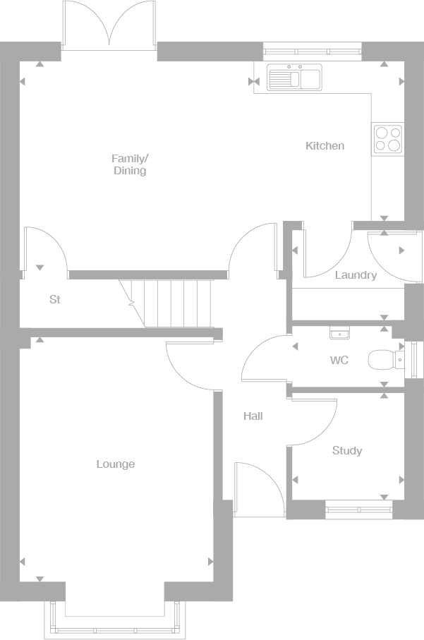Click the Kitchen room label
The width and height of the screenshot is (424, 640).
tap(325, 146)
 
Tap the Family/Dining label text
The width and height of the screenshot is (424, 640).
tap(130, 164)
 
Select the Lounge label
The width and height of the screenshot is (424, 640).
tap(115, 464)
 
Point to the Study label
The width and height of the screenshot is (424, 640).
tap(346, 451)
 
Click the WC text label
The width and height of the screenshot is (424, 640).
tap(339, 361)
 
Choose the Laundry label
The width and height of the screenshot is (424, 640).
tap(356, 276)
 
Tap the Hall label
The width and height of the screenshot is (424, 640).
tap(253, 416)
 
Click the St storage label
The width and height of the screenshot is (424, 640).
tap(55, 300)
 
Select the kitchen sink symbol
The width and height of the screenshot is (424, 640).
tap(294, 77)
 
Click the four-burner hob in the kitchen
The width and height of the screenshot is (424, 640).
tap(387, 138)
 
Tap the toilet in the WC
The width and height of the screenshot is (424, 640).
tap(384, 361)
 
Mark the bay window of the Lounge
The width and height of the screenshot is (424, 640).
tap(115, 621)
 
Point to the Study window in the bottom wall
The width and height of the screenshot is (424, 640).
tap(359, 506)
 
